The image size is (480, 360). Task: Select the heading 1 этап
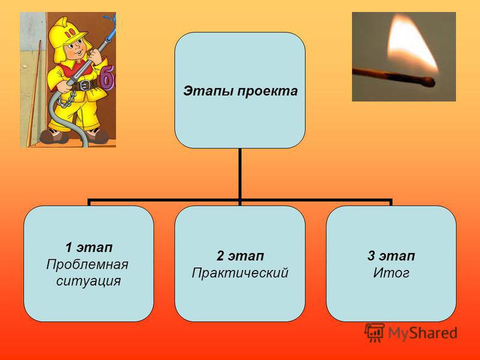pyautogui.click(x=89, y=247)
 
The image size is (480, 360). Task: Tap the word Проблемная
pyautogui.click(x=87, y=264)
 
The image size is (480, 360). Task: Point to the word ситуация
pyautogui.click(x=88, y=281)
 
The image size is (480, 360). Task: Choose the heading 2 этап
pyautogui.click(x=240, y=256)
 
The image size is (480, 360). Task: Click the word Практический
pyautogui.click(x=240, y=273)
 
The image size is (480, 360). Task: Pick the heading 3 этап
pyautogui.click(x=391, y=256)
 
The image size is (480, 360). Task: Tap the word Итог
pyautogui.click(x=391, y=273)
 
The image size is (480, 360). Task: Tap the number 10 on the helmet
pyautogui.click(x=71, y=32)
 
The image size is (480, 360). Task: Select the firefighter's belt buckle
pyautogui.click(x=85, y=85)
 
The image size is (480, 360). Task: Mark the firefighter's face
pyautogui.click(x=75, y=50)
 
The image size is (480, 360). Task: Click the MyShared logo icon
pyautogui.click(x=374, y=332)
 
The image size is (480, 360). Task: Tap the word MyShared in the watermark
pyautogui.click(x=422, y=333)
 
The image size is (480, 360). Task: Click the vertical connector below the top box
pyautogui.click(x=240, y=174)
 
